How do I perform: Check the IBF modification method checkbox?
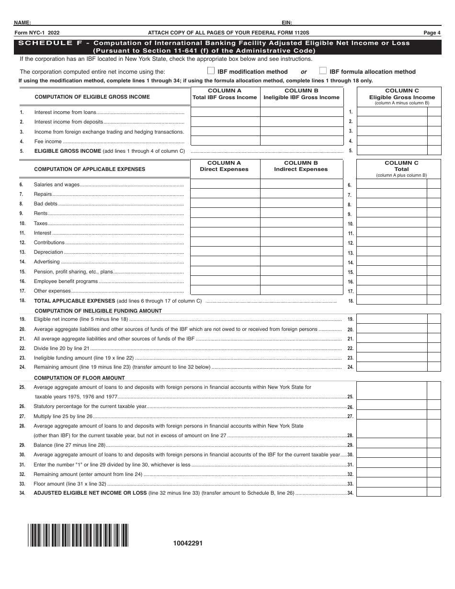point(211,71)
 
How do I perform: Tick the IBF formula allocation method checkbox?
point(323,71)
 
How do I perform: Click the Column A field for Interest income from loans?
point(225,112)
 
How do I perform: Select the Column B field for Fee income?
point(301,141)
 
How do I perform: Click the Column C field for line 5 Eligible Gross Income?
point(392,150)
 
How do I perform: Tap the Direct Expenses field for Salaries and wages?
point(225,184)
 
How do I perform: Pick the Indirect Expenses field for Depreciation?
point(301,252)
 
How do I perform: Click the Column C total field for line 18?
point(392,300)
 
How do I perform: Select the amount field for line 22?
point(392,348)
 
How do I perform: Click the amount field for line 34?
point(392,492)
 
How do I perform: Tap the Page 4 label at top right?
point(432,33)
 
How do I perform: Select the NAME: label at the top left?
point(23,23)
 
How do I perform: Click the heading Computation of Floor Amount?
point(80,378)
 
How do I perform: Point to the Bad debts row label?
point(45,204)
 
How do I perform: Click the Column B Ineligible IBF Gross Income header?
point(301,94)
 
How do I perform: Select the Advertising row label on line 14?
point(46,261)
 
